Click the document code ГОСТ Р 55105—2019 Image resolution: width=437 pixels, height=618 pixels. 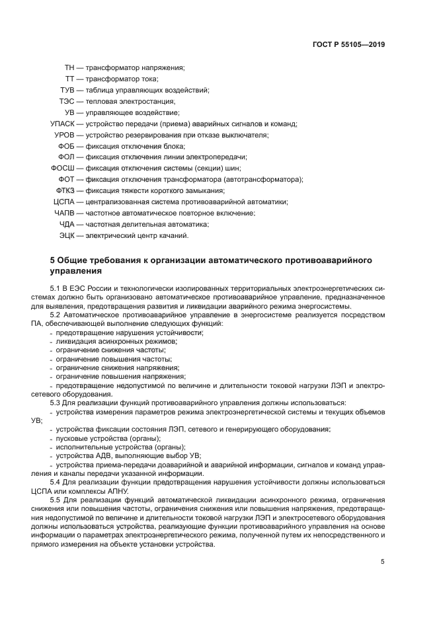348,45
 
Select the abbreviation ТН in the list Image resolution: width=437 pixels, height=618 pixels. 69,67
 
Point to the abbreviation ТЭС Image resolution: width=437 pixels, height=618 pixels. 67,101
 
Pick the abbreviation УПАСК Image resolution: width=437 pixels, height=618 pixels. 63,124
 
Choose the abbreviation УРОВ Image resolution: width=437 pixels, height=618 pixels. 65,135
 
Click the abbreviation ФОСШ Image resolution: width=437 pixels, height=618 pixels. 63,169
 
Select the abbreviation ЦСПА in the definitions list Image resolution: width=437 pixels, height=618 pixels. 65,202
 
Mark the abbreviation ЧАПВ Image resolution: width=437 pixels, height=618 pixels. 65,213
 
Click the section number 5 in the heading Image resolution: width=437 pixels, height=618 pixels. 53,260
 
